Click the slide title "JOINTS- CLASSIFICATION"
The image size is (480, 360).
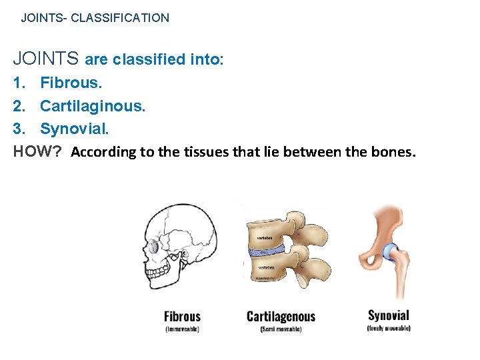(95, 18)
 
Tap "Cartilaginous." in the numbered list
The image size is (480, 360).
(92, 106)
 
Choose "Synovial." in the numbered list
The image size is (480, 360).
(74, 129)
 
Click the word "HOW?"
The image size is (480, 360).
(37, 151)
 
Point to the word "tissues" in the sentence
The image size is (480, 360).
(202, 152)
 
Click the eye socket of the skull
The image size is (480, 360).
(154, 246)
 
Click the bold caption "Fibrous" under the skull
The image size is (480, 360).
(182, 317)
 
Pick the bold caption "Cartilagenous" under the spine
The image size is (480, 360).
(281, 317)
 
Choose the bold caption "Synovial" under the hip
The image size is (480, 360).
(389, 315)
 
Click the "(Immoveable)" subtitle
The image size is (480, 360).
(182, 329)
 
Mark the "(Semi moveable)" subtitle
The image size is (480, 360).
(281, 329)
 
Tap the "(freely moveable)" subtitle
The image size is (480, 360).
(389, 327)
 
